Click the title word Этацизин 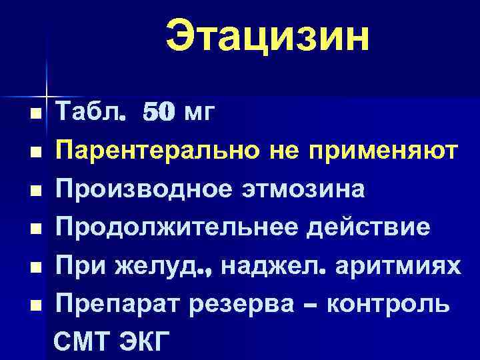click(x=267, y=37)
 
